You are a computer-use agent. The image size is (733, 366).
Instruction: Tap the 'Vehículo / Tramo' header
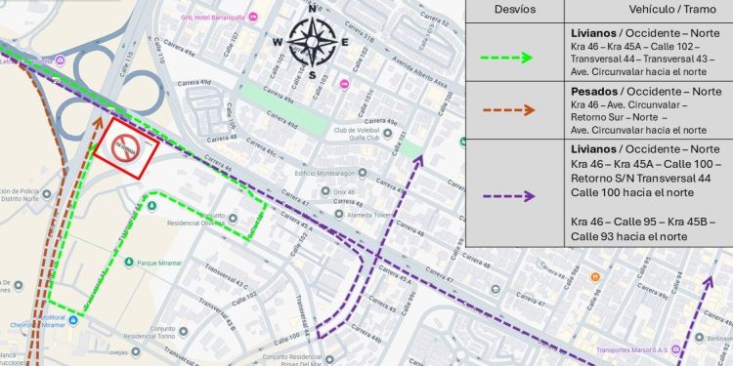[x=647, y=10]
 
